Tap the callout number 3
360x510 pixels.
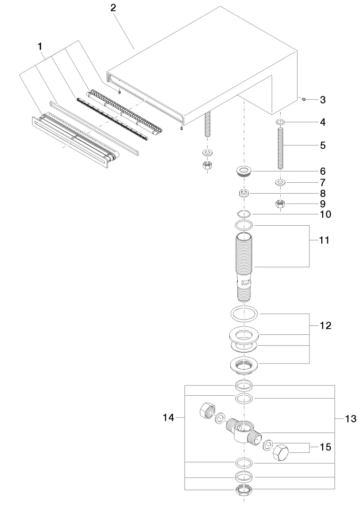coord(322,100)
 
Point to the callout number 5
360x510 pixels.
coord(322,145)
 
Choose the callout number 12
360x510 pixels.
coord(325,326)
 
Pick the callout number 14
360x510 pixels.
coord(168,417)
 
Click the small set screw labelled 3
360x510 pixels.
coord(304,99)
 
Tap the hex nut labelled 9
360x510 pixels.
coord(280,204)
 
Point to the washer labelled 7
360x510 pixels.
coord(280,182)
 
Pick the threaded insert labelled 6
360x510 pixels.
coord(244,171)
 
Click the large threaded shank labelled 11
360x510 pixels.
coord(244,264)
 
